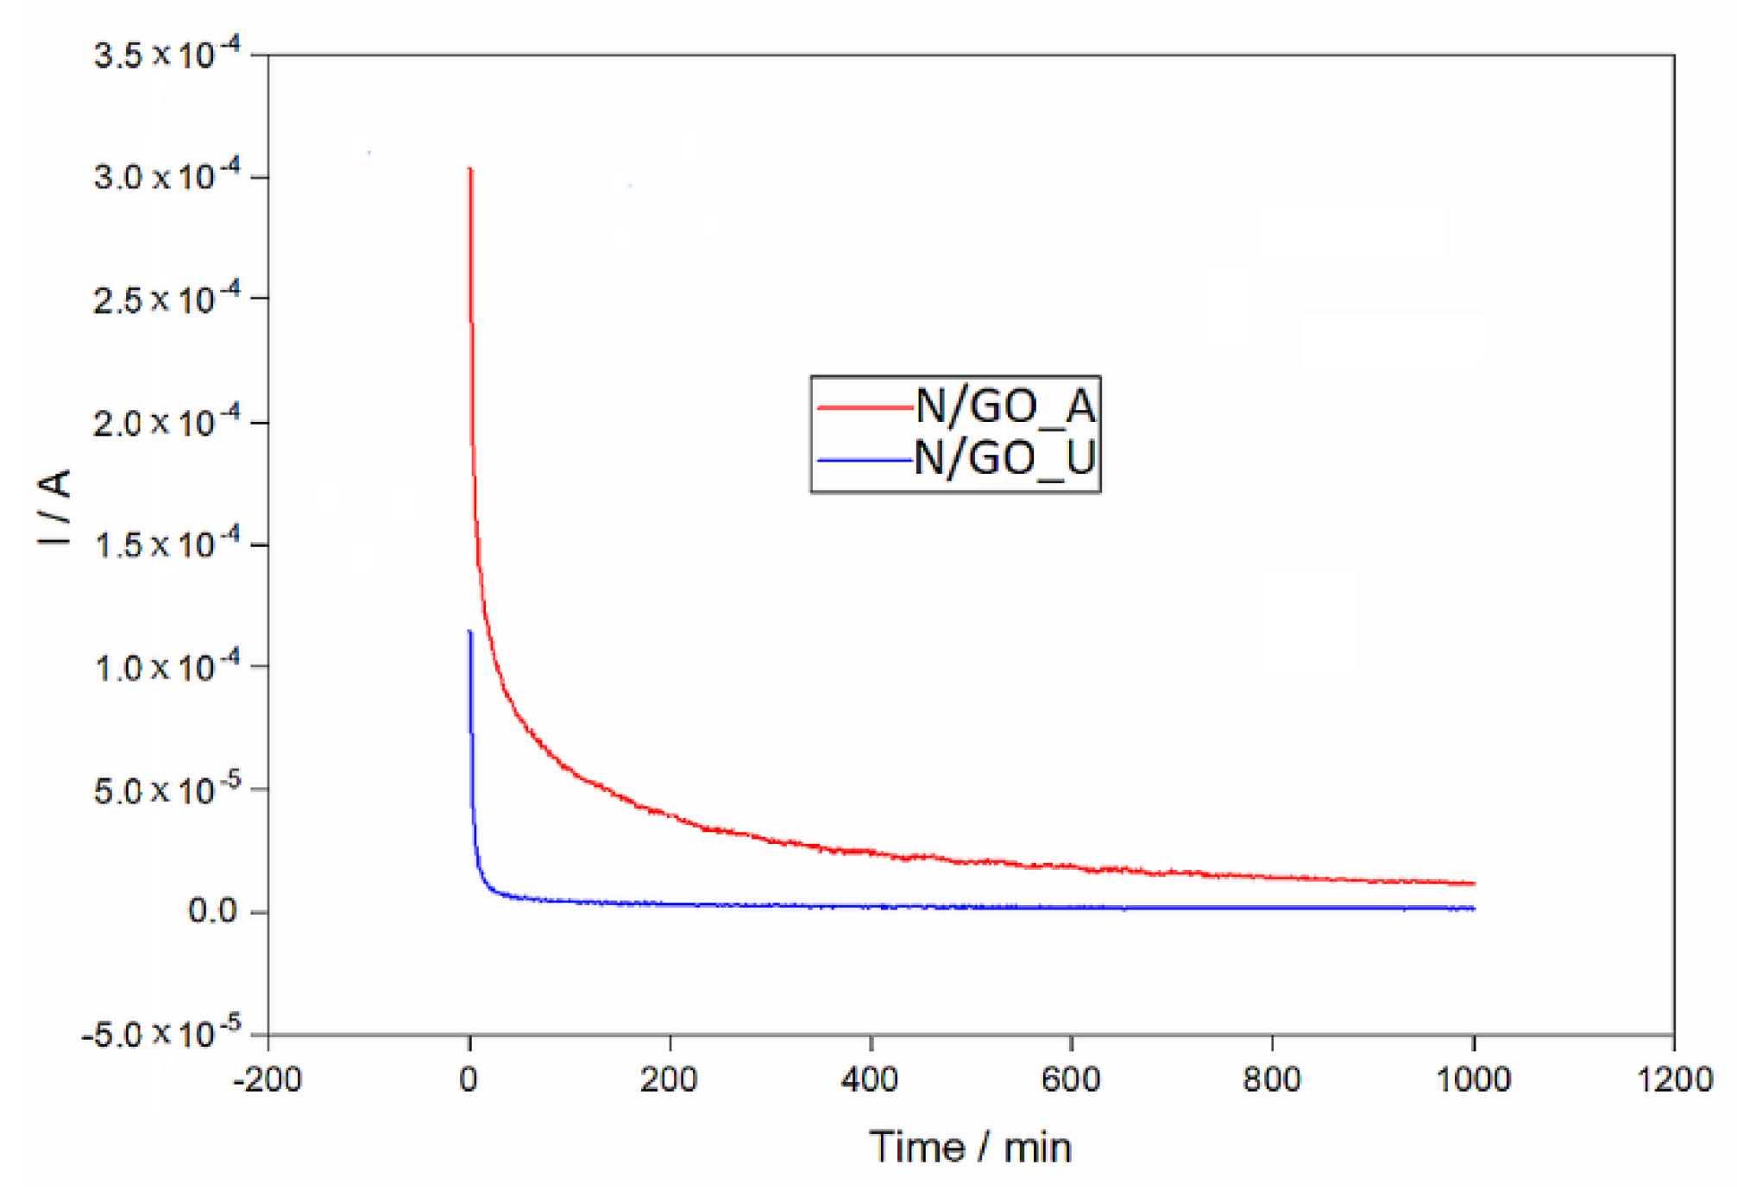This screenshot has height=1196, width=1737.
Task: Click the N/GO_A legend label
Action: [1004, 406]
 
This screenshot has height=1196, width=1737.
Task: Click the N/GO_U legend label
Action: [1004, 457]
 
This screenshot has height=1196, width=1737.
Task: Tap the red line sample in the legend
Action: [864, 406]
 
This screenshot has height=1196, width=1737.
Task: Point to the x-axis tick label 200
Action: [669, 1080]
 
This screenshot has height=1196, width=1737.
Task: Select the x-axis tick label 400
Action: [870, 1080]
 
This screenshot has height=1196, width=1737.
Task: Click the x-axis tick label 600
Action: [1071, 1080]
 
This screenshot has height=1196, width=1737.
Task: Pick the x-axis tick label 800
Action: [1272, 1080]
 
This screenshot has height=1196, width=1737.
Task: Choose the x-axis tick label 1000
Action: [1473, 1080]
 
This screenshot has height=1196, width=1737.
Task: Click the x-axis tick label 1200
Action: [1674, 1080]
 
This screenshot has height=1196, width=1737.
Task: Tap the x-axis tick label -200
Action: [267, 1080]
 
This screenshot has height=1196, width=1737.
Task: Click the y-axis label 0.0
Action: [212, 910]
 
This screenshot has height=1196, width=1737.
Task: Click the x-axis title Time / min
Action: [970, 1148]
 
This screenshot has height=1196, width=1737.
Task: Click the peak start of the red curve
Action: [470, 170]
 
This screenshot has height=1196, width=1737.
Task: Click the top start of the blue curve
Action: [470, 633]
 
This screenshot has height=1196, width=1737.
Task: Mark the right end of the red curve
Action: [1474, 883]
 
